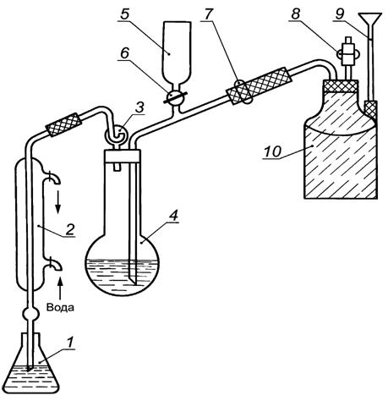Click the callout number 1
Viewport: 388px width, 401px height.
point(69,342)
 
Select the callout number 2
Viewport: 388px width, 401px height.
point(69,229)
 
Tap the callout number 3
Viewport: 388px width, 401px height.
point(139,107)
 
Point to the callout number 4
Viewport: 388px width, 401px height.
point(173,216)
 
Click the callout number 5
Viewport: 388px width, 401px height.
point(124,14)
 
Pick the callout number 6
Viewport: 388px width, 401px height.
point(124,52)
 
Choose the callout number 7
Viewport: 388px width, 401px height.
point(208,14)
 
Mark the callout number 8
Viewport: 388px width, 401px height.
point(295,14)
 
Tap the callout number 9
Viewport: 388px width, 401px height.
point(339,14)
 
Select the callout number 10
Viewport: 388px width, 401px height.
point(272,151)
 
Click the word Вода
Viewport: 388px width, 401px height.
point(60,307)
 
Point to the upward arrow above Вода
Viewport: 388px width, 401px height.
point(60,288)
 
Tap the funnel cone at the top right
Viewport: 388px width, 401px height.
point(369,19)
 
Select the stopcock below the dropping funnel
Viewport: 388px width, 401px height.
point(175,97)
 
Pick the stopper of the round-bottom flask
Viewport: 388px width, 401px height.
point(122,156)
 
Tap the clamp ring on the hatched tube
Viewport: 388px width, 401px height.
point(244,91)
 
